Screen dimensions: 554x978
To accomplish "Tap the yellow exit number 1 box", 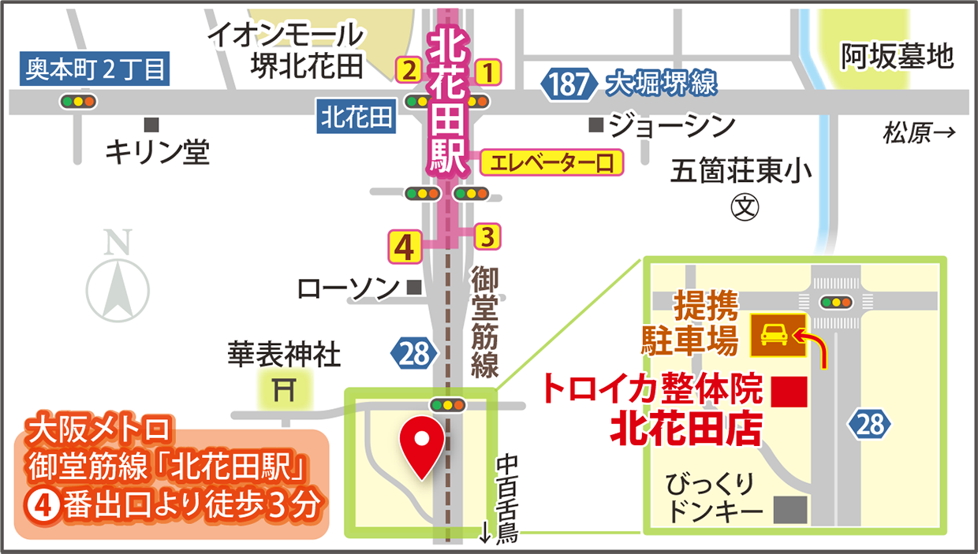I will pyautogui.click(x=488, y=72).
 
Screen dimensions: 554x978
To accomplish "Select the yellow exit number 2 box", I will pyautogui.click(x=409, y=72).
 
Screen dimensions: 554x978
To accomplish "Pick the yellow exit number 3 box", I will pyautogui.click(x=487, y=235).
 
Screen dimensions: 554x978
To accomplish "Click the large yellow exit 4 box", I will pyautogui.click(x=404, y=247).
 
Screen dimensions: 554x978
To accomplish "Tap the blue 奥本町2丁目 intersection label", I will pyautogui.click(x=95, y=70).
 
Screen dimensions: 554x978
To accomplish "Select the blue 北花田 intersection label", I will pyautogui.click(x=356, y=118).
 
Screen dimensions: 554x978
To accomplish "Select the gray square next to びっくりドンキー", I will pyautogui.click(x=791, y=510).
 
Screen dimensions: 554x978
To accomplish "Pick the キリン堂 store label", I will pyautogui.click(x=158, y=151).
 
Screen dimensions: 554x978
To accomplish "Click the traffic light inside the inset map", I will pyautogui.click(x=837, y=302).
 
